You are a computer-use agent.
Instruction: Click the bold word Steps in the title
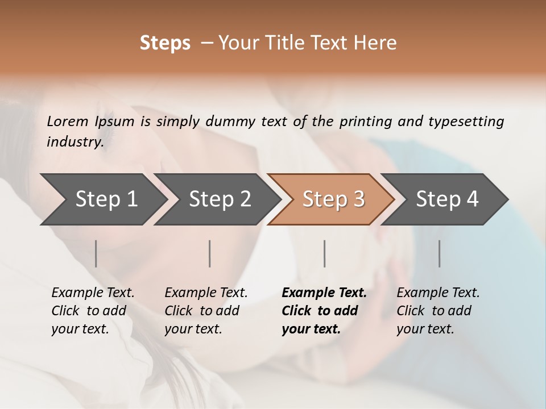point(165,43)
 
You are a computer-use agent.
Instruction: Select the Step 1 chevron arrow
point(102,199)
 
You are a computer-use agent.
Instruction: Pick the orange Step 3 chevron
point(333,199)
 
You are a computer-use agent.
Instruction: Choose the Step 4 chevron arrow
point(446,199)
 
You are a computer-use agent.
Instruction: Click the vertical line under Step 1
point(96,253)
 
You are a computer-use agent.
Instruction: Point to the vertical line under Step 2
point(210,253)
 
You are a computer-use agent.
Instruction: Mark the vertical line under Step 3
point(324,253)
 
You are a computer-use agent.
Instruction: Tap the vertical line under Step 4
point(439,253)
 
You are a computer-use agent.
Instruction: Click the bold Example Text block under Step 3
point(324,311)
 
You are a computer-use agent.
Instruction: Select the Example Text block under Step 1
point(93,311)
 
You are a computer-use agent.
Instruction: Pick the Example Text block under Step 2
point(206,311)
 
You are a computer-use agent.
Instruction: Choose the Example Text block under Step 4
point(438,311)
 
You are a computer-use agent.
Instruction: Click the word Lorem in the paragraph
point(67,122)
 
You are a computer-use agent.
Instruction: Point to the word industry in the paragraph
point(75,141)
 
